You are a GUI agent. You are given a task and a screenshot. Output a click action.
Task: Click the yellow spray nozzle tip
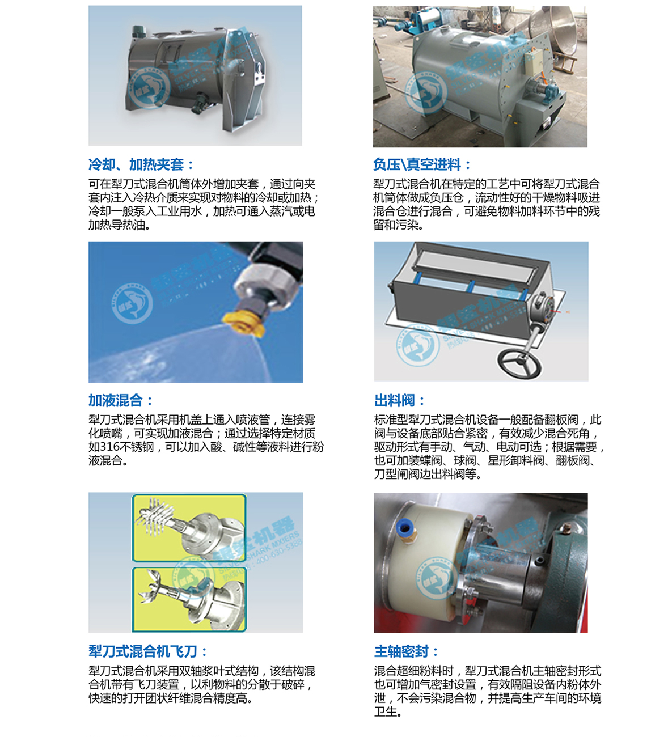pos(244,324)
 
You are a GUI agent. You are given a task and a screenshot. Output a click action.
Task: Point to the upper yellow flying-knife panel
pos(189,528)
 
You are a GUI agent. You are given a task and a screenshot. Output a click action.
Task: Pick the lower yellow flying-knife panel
pos(189,599)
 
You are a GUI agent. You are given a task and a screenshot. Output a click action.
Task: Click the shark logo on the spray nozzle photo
pos(132,303)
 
